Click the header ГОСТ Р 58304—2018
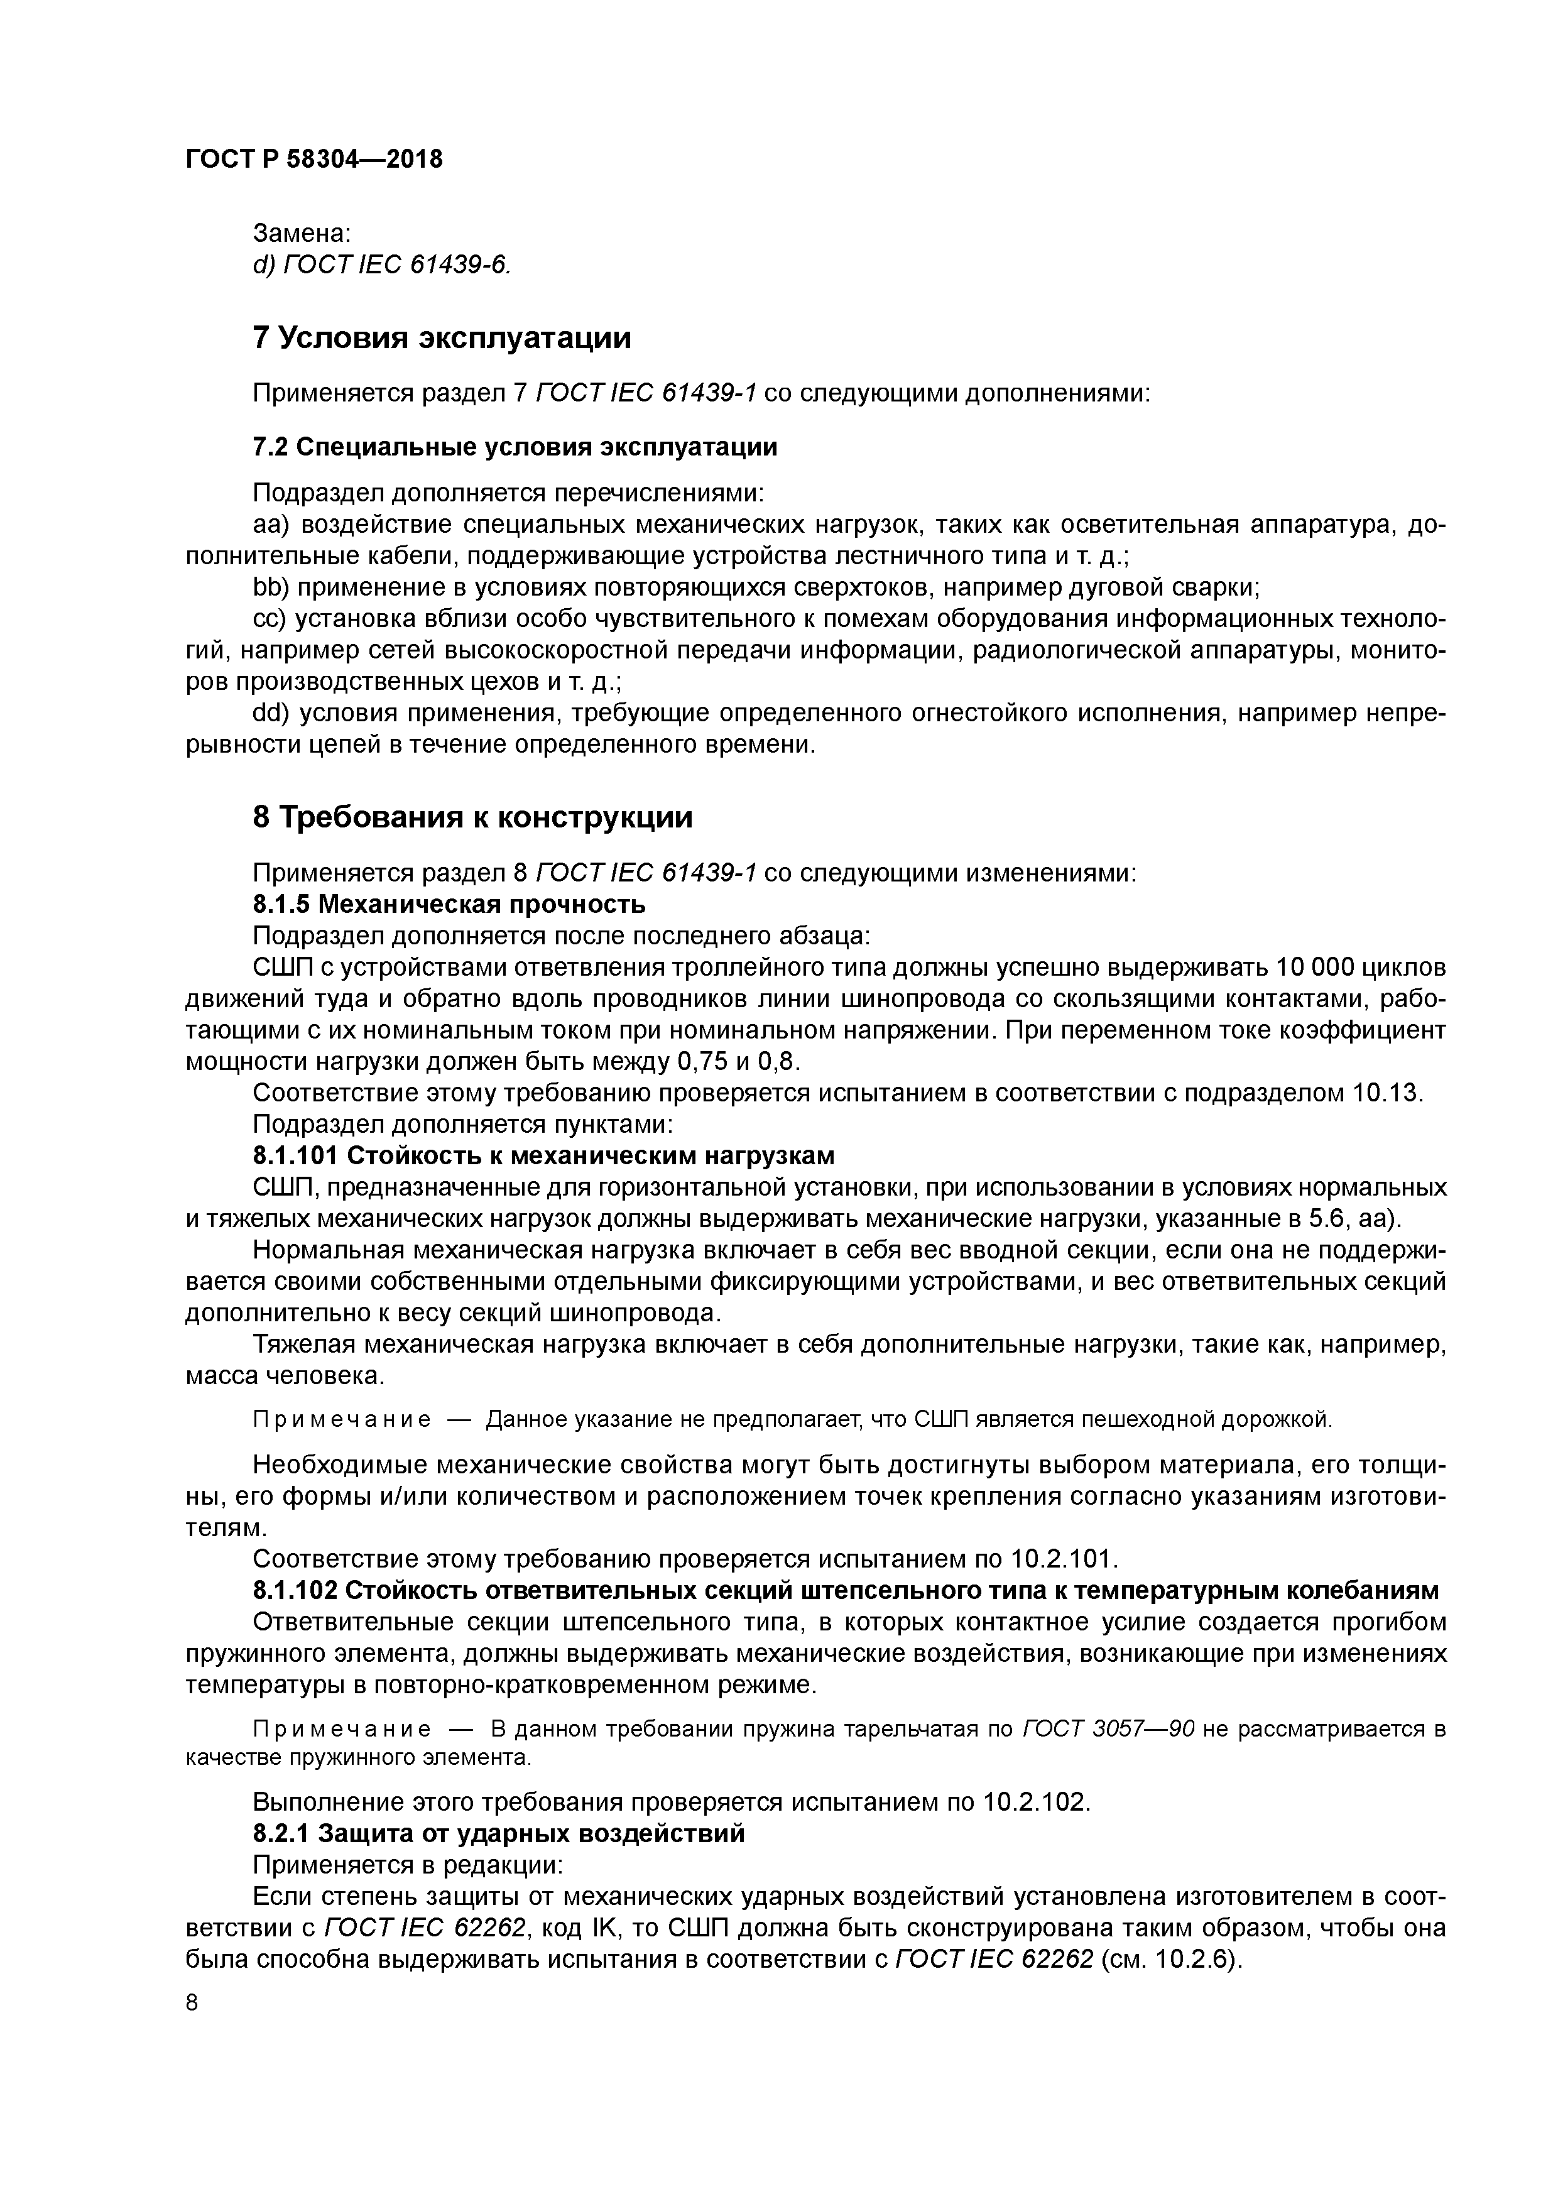(314, 160)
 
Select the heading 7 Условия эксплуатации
(442, 338)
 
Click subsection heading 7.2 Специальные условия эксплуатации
(515, 447)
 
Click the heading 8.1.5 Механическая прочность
(449, 904)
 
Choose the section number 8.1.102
(295, 1590)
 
